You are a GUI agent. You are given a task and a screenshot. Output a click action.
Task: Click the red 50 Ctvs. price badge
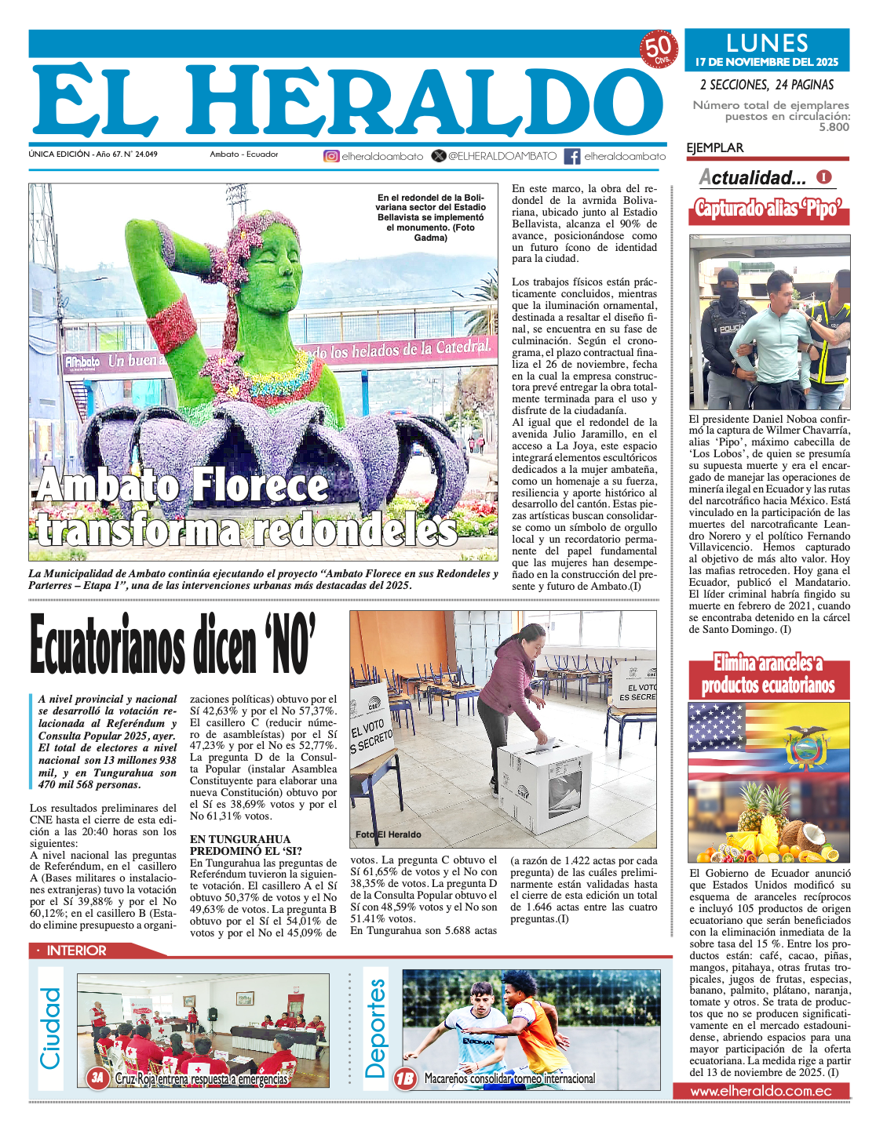[x=658, y=49]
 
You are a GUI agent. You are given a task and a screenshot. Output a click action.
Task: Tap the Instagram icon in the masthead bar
[x=331, y=156]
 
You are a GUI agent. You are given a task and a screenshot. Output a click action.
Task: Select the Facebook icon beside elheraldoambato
[x=572, y=156]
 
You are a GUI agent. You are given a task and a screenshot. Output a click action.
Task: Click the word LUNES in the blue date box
[x=767, y=43]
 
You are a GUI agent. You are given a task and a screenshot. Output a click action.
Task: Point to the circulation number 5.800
[x=834, y=127]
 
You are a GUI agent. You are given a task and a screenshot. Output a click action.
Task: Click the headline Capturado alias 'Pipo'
[x=768, y=209]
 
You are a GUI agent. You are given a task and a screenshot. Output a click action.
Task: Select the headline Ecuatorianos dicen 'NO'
[x=173, y=645]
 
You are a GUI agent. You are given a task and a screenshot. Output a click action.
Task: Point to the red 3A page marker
[x=97, y=1078]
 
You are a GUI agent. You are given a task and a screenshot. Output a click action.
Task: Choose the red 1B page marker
[x=405, y=1079]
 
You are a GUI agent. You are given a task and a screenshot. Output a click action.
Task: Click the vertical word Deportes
[x=376, y=1028]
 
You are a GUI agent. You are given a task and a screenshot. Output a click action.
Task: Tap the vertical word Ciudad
[x=50, y=1028]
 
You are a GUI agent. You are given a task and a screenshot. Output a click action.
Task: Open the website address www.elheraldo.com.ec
[x=761, y=1091]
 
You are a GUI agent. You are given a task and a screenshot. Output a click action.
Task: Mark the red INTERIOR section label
[x=75, y=951]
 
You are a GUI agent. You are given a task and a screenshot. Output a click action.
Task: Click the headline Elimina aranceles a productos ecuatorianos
[x=768, y=674]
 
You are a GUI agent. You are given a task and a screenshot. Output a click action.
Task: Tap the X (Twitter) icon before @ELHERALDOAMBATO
[x=439, y=156]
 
